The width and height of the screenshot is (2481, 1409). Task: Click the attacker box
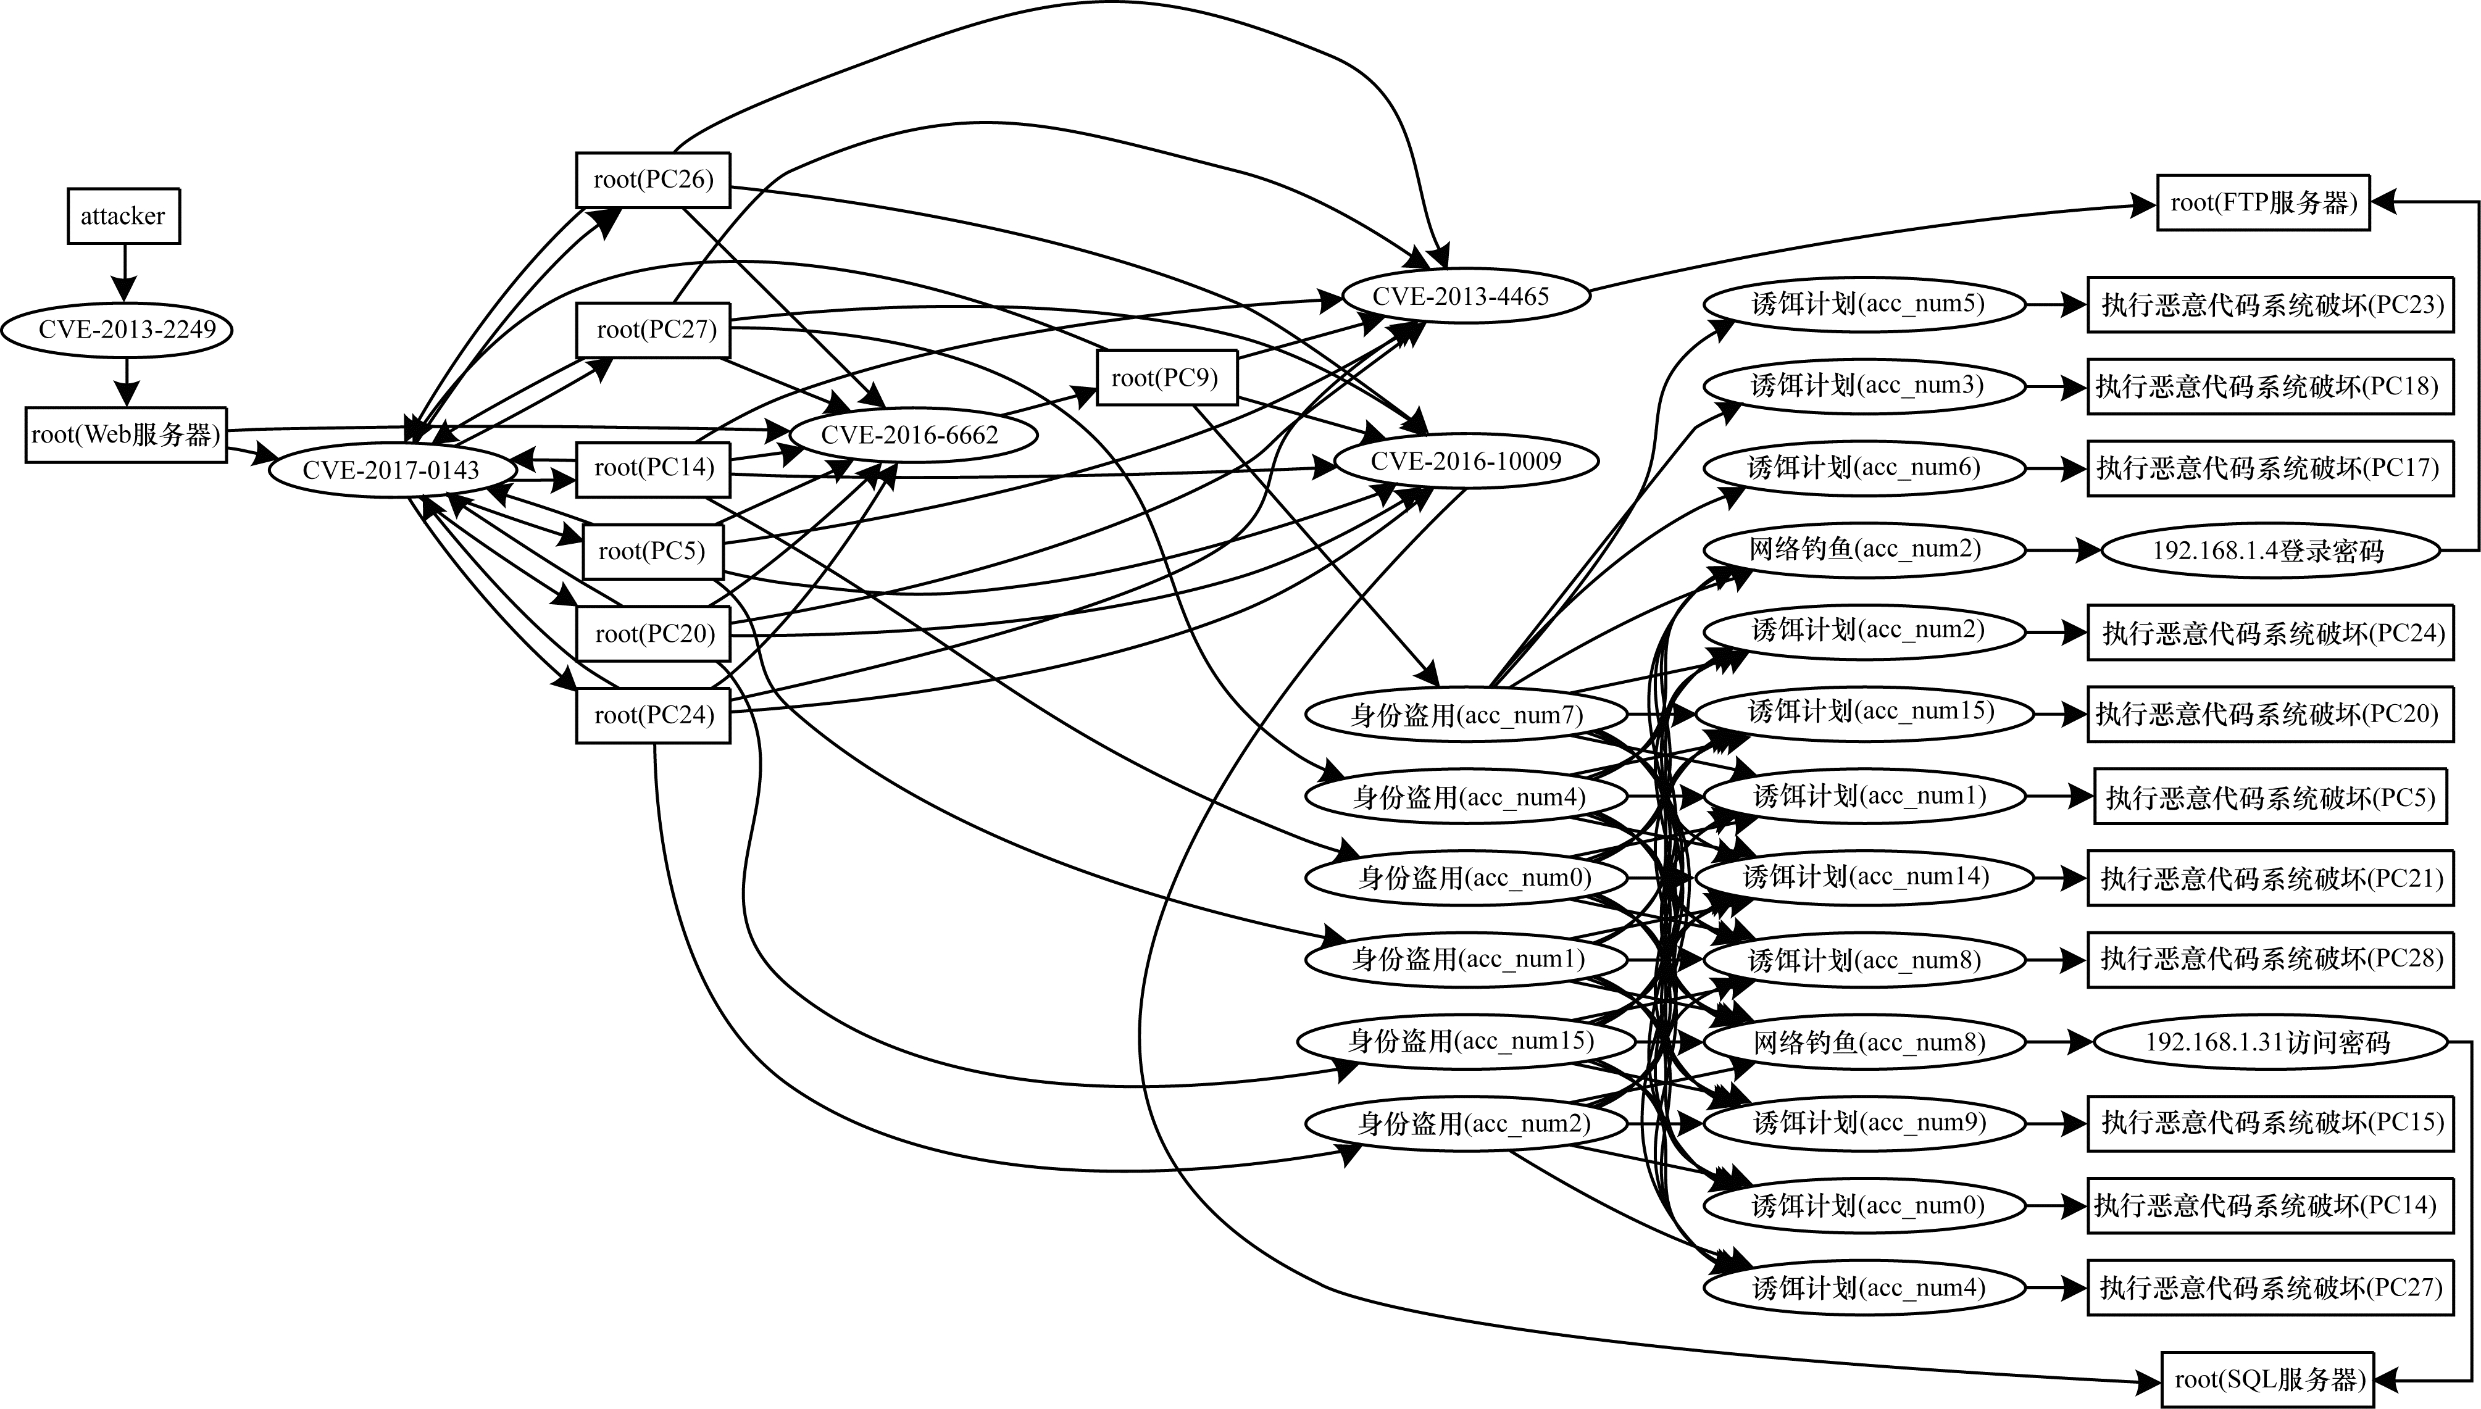click(x=123, y=216)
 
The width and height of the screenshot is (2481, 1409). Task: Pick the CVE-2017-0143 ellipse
click(x=391, y=470)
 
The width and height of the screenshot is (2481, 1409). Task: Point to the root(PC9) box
click(x=1167, y=378)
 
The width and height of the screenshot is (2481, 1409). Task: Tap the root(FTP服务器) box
click(x=2262, y=203)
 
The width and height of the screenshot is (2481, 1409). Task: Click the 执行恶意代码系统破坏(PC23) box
click(x=2270, y=305)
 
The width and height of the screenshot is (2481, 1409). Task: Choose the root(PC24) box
click(x=653, y=715)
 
